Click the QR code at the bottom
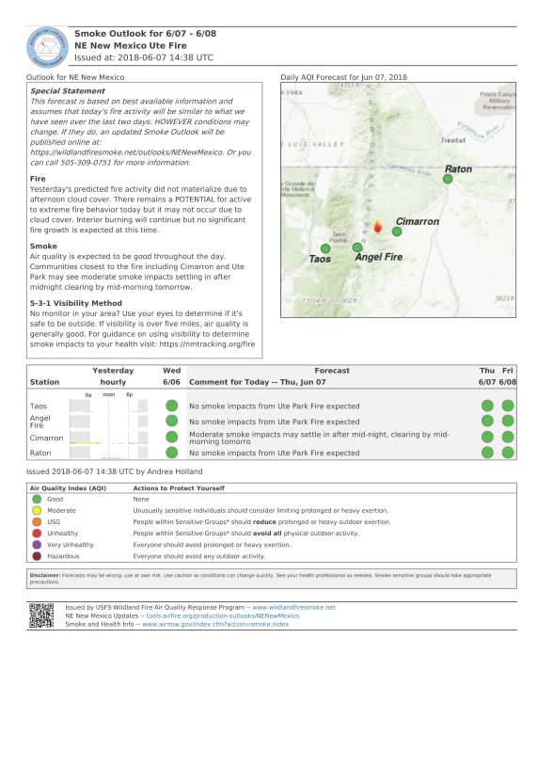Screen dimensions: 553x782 coord(40,614)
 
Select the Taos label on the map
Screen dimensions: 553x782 coord(320,258)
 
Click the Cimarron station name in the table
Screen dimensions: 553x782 coord(47,438)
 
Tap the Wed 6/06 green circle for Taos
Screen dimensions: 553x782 coord(171,406)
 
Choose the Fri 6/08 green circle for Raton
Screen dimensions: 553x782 coord(508,453)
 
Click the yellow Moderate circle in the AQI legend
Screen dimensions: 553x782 coord(38,510)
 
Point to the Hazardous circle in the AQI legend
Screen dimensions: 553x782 coord(38,556)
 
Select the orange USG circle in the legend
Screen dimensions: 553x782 coord(38,521)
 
